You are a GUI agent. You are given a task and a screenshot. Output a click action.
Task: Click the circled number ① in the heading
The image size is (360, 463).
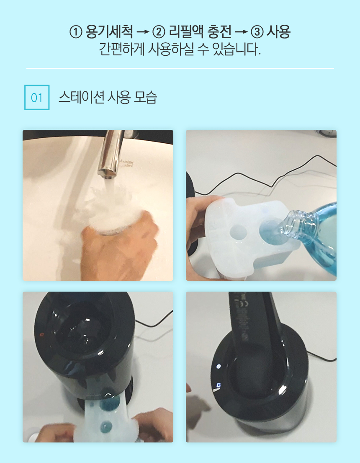coord(76,32)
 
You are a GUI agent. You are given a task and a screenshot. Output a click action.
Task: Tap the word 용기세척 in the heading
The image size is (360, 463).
coord(109,31)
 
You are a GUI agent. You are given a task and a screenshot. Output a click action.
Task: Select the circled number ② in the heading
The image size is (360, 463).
coord(159,32)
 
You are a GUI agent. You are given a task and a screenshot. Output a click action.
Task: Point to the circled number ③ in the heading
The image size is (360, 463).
coord(257,32)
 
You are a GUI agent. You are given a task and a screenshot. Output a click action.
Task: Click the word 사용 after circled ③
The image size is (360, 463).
coord(278,31)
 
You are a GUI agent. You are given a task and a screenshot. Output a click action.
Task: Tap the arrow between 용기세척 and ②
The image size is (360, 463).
coord(143,32)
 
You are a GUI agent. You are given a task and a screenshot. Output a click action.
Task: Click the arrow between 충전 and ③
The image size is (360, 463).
coord(241,32)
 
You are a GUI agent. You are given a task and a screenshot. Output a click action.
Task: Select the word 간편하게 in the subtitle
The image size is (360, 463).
coord(121,49)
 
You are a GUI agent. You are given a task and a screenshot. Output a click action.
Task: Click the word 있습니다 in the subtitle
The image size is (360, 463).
coord(237,49)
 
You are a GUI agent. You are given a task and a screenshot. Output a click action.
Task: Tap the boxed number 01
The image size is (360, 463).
coord(37,98)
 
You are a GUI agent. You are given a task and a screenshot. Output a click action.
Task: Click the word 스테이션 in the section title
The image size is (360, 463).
coord(81,97)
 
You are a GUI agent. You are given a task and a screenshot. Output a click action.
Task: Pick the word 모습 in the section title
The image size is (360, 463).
coord(145,97)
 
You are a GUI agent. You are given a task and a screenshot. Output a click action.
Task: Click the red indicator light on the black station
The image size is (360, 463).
coord(41,335)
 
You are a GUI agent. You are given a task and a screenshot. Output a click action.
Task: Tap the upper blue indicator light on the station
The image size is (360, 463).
coord(219,367)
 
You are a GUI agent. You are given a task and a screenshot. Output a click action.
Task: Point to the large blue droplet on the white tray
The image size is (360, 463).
coord(110,401)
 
